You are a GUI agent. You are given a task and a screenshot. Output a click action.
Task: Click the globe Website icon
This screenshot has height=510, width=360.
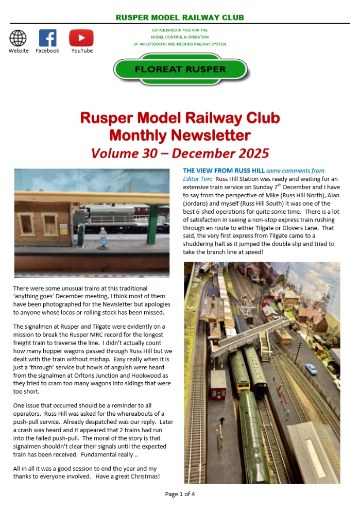(18, 38)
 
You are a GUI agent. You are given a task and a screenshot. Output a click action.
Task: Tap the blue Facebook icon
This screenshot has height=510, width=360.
(47, 38)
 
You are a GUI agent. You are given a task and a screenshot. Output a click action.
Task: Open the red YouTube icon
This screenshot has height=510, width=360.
(81, 38)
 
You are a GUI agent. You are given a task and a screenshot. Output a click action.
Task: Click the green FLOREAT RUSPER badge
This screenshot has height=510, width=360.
(180, 69)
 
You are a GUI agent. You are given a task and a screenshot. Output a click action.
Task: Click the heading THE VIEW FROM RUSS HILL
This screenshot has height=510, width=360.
(224, 171)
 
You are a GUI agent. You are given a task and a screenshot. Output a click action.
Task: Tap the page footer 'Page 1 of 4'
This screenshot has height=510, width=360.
(180, 494)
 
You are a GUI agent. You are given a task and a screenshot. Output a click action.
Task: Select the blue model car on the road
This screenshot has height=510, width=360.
(312, 369)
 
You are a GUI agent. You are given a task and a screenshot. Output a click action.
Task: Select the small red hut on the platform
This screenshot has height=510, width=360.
(218, 383)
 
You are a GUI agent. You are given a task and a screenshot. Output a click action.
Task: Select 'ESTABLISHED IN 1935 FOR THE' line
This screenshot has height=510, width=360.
(180, 30)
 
